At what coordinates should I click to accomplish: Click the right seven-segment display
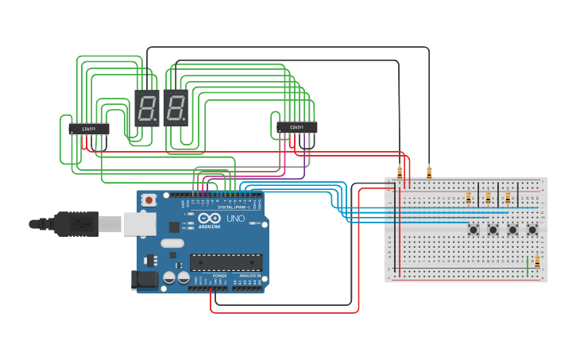(176, 108)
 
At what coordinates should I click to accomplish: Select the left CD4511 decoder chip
(89, 128)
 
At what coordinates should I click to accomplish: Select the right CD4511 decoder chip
(297, 127)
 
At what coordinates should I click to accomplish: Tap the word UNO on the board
(236, 219)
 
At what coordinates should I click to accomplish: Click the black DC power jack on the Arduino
(143, 279)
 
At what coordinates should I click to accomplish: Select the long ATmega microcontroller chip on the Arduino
(226, 261)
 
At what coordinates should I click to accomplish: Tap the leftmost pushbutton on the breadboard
(474, 230)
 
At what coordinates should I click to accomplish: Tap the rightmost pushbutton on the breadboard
(532, 230)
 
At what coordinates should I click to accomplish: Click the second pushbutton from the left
(493, 230)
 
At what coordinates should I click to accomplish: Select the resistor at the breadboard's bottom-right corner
(537, 261)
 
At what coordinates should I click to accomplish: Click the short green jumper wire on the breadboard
(528, 266)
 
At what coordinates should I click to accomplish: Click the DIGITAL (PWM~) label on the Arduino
(234, 207)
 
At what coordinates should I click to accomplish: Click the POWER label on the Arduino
(219, 276)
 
